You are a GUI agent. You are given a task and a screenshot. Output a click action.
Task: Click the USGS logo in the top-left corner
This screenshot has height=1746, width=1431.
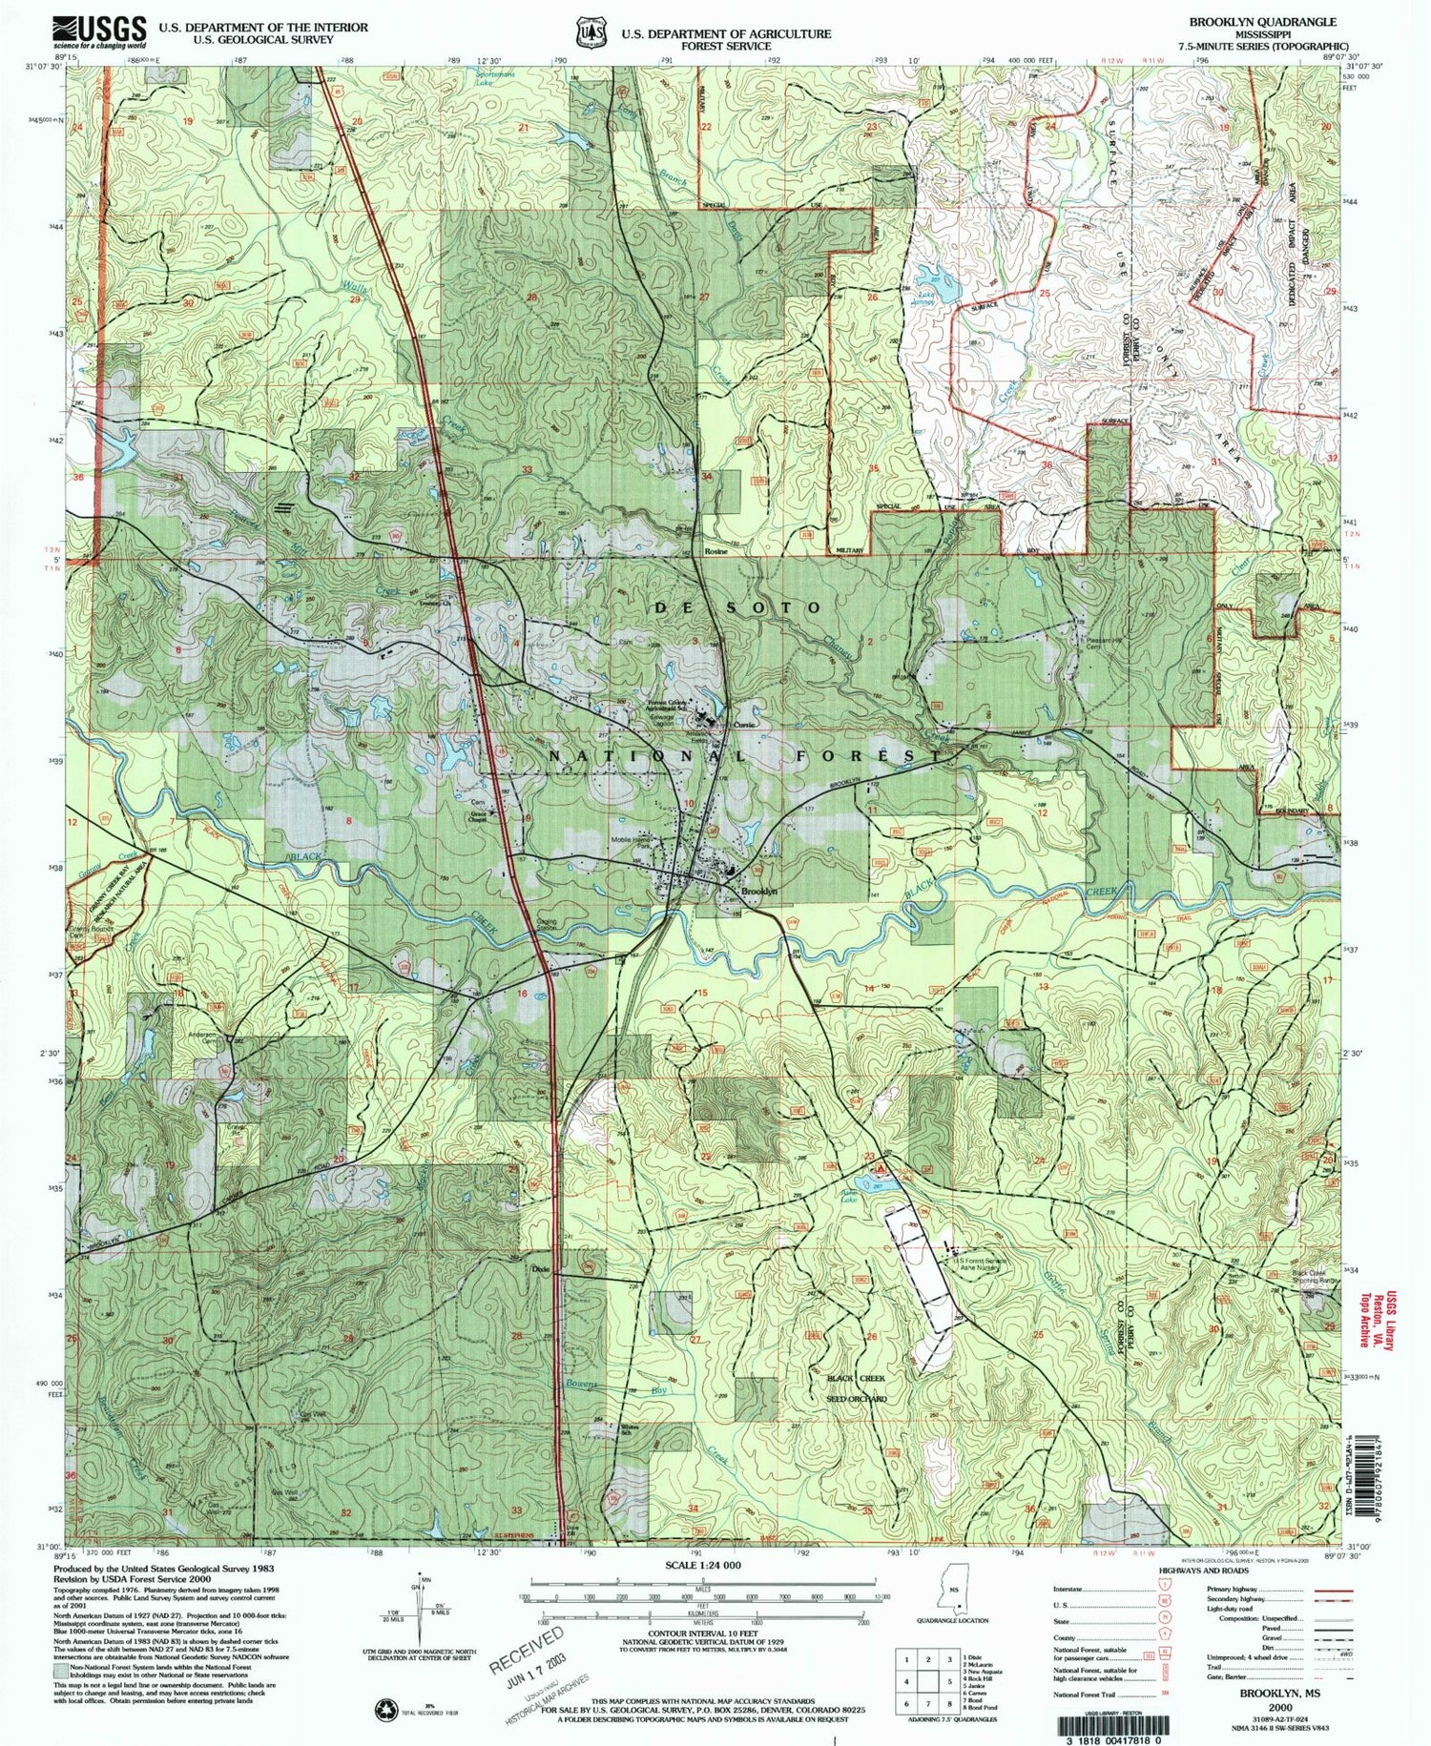[99, 32]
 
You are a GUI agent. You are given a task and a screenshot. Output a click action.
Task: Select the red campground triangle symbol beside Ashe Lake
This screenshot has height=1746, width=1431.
[882, 1166]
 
